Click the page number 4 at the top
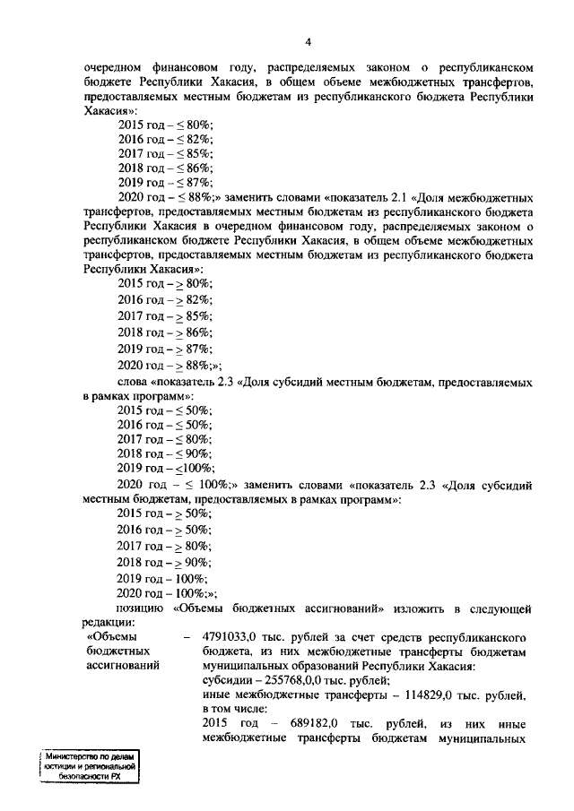click(x=307, y=42)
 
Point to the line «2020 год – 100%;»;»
click(x=167, y=594)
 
